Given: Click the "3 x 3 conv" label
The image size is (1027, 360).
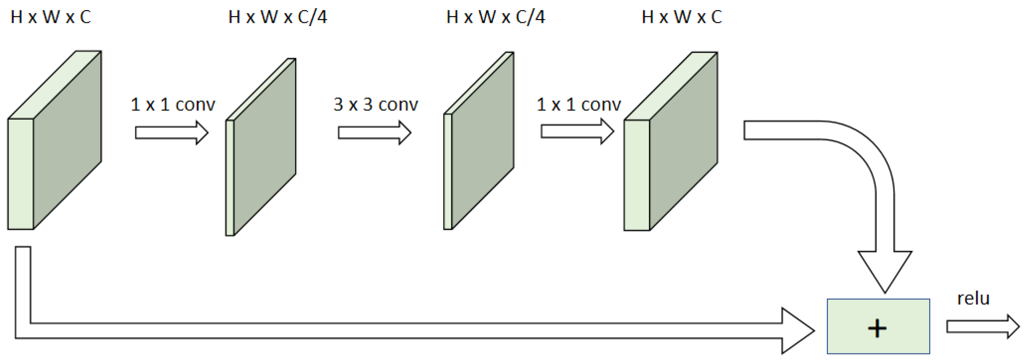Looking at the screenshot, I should [376, 104].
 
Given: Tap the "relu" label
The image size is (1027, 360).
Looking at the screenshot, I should [973, 298].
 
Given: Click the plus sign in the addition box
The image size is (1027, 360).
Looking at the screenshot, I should [877, 328].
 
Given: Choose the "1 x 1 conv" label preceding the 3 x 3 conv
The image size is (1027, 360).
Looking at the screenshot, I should [173, 104].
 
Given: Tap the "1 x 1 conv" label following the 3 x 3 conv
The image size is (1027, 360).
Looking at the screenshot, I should [579, 104].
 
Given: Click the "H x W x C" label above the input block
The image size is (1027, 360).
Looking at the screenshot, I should [51, 17].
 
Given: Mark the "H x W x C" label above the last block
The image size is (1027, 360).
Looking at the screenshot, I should [682, 17].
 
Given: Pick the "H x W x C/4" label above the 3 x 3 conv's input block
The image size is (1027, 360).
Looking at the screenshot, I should [277, 17].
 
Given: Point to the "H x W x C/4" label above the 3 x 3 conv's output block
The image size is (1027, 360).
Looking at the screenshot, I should [496, 17].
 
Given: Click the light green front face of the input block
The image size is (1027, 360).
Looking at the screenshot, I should [21, 174].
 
